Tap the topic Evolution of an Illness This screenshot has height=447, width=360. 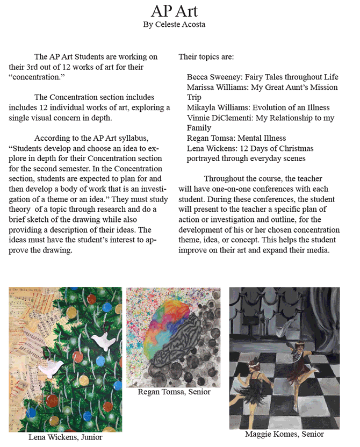[x=291, y=107]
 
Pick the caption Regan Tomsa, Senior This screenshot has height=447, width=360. [x=174, y=392]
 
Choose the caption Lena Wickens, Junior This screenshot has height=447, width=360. [x=65, y=437]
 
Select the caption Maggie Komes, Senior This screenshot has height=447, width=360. [x=284, y=434]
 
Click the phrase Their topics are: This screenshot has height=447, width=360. [x=206, y=56]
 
